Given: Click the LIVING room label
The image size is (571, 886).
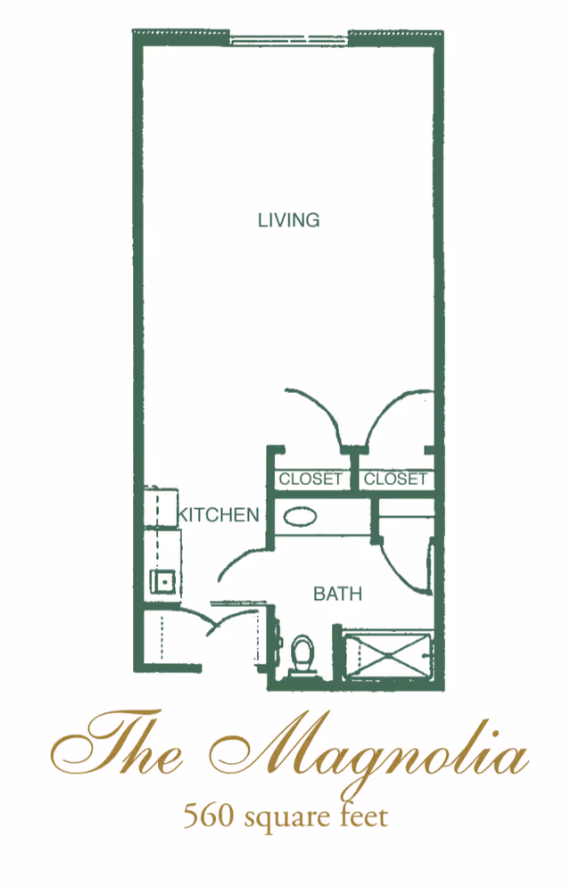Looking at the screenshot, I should (288, 219).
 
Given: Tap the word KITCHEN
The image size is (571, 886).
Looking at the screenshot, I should (219, 514).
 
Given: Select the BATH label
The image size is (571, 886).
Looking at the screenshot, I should (337, 593).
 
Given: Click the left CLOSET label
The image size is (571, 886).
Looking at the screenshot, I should (310, 479).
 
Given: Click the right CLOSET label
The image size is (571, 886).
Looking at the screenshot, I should (395, 479).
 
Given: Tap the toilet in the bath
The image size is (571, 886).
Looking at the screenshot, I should (303, 655).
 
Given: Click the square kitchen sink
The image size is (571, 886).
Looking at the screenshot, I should (162, 582).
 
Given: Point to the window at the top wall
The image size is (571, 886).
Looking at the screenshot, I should (288, 38).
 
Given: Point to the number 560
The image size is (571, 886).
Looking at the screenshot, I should (203, 816).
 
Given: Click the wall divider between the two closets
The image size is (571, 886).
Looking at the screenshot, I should (354, 472).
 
